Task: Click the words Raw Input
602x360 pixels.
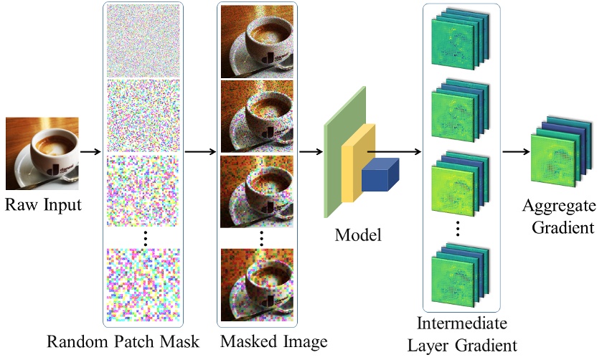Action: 43,205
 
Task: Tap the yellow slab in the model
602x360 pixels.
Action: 357,161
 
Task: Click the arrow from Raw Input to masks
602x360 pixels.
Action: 89,152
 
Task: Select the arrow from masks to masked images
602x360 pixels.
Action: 200,152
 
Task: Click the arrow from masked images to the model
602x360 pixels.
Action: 310,152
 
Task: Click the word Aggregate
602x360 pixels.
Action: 559,207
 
